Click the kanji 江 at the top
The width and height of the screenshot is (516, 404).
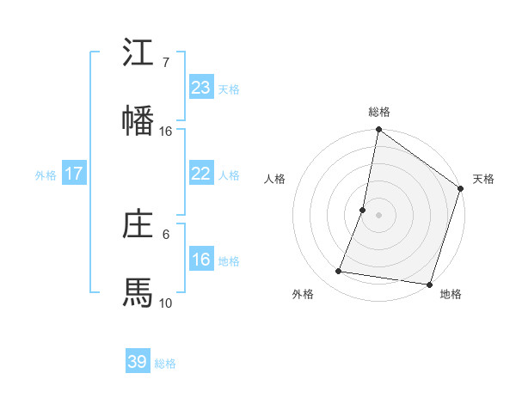[x=138, y=53]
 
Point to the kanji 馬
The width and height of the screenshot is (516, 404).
[x=138, y=293]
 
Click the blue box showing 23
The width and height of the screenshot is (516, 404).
[x=200, y=87]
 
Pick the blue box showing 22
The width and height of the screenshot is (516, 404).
[x=200, y=174]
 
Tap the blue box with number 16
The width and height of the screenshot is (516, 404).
[x=200, y=260]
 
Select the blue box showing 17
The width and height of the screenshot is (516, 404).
[x=73, y=174]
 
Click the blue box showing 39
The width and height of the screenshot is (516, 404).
[x=137, y=362]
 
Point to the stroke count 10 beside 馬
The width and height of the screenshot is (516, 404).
[x=166, y=303]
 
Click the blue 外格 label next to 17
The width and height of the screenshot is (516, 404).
[x=46, y=175]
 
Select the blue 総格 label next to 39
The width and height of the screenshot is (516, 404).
[x=165, y=364]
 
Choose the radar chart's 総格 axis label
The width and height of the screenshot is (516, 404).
[x=379, y=113]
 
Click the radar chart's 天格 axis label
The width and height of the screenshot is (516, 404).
[x=483, y=180]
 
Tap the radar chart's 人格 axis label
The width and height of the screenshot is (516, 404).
[x=274, y=180]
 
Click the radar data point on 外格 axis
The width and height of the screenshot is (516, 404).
[x=339, y=272]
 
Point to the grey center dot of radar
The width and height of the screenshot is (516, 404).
[x=378, y=214]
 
